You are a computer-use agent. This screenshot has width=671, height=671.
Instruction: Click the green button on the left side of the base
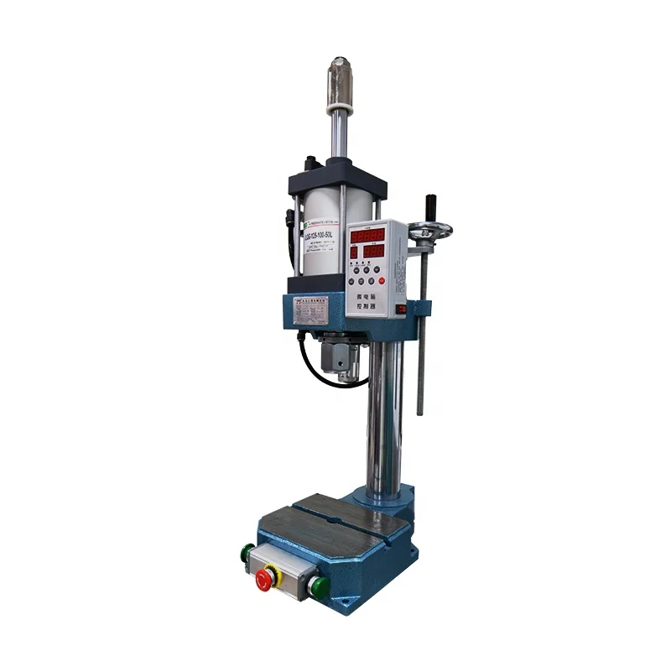click(x=247, y=553)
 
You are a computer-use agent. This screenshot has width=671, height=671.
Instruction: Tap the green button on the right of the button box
click(x=318, y=585)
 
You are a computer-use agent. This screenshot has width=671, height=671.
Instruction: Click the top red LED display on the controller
click(x=367, y=236)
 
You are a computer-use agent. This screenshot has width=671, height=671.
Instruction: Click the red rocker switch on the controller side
click(x=401, y=309)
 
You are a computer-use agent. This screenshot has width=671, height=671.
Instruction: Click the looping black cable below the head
click(x=317, y=369)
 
